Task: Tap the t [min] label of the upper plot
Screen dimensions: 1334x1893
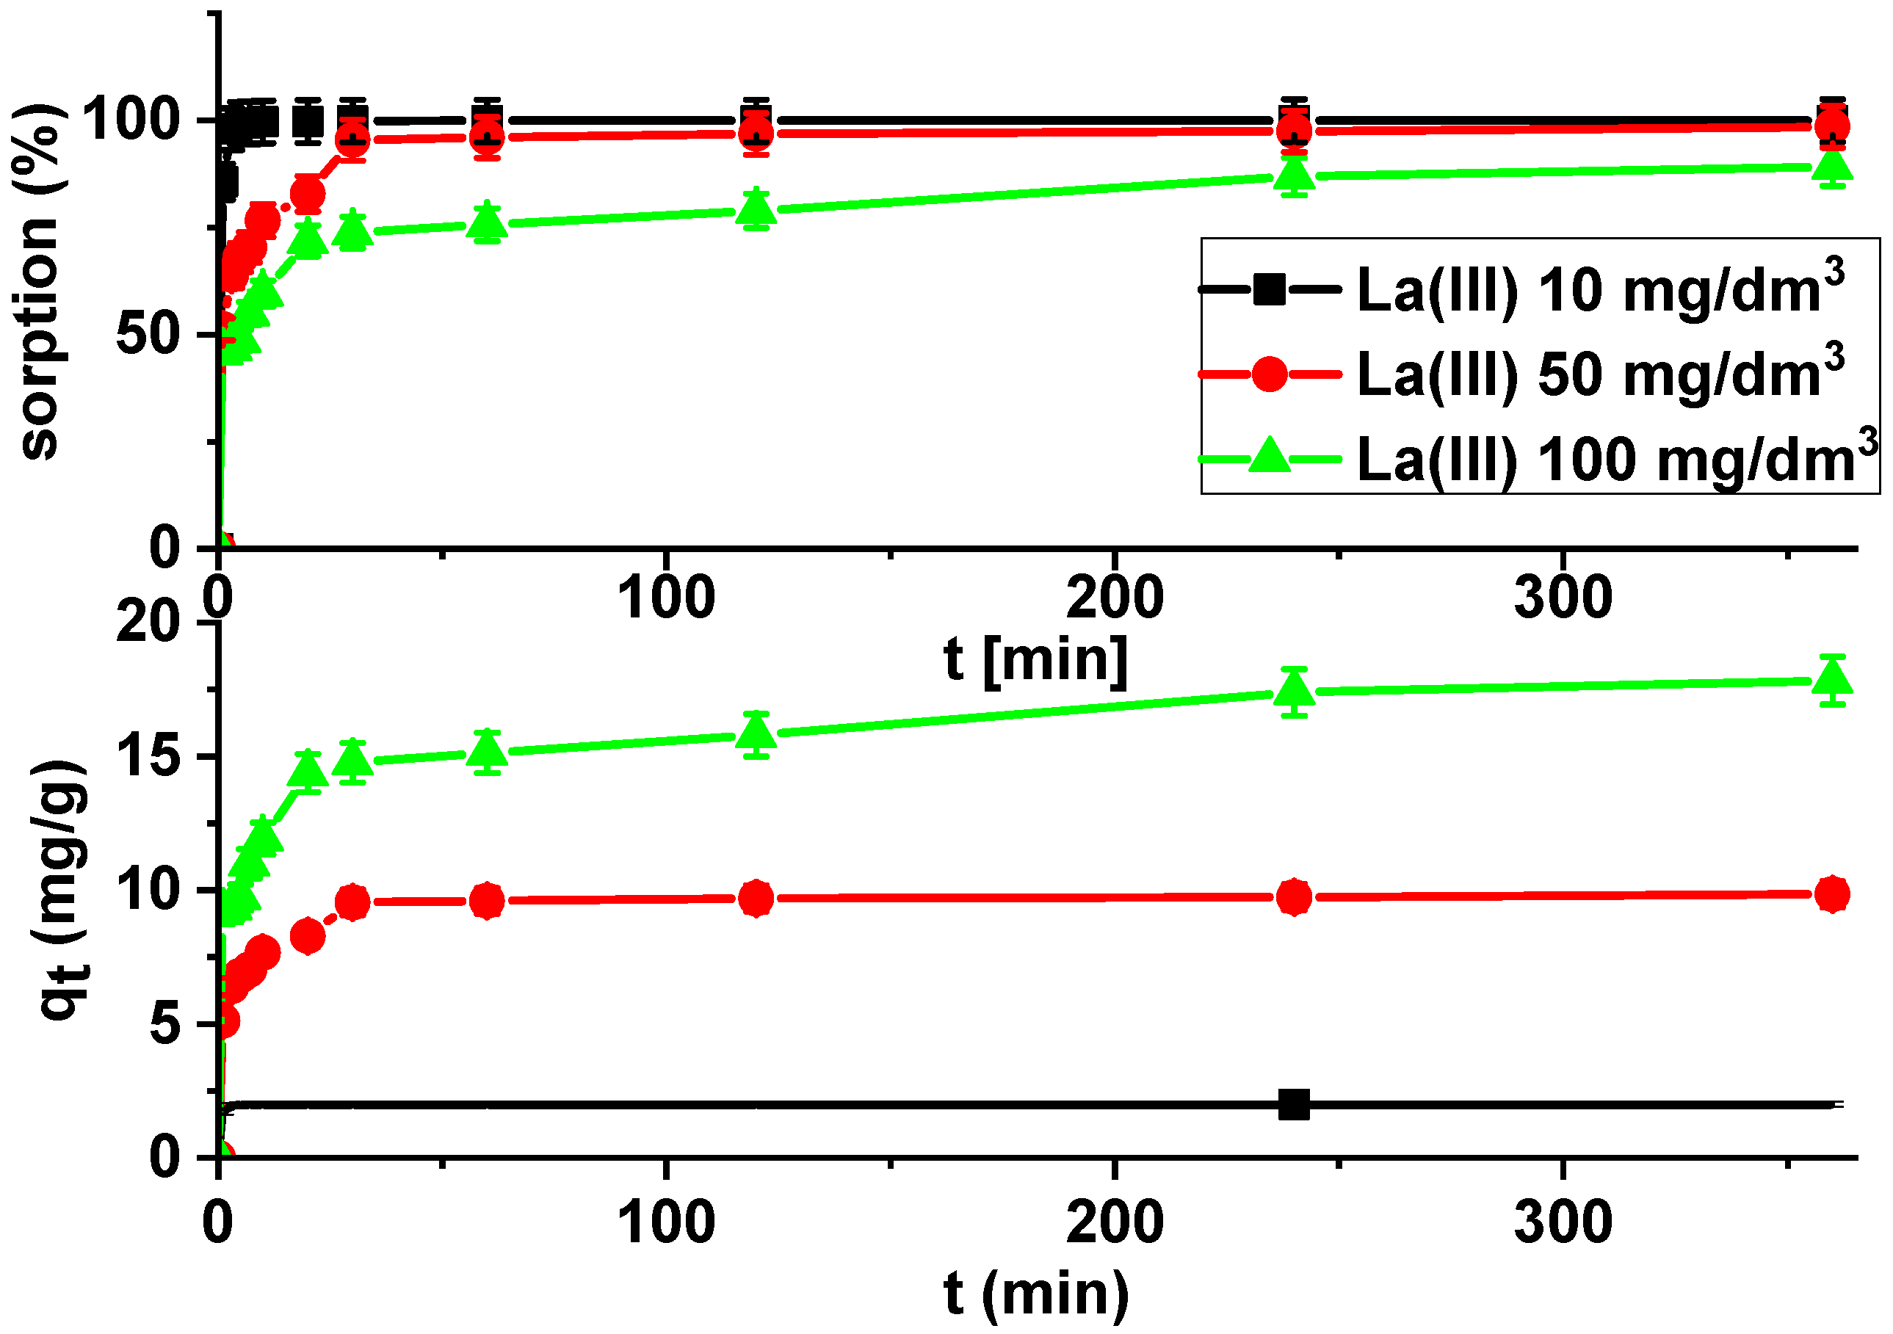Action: (1035, 659)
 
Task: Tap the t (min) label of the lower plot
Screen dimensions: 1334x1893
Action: (1035, 1293)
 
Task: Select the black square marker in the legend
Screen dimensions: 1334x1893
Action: (1269, 289)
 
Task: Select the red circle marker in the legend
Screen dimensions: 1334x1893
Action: (1269, 374)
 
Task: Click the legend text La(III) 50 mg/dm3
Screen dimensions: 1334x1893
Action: (1599, 376)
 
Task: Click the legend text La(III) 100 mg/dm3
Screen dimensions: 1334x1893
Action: (1616, 460)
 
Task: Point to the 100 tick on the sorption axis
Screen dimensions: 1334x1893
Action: (132, 120)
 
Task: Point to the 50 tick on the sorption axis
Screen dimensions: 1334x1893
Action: (148, 335)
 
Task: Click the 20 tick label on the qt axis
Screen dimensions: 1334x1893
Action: (148, 623)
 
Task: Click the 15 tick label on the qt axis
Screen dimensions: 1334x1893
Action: (148, 756)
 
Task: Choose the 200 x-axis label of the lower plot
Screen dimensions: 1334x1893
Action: (1115, 1222)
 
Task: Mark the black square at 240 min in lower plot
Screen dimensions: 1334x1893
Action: (1294, 1105)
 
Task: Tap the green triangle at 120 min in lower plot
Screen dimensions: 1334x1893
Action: (756, 732)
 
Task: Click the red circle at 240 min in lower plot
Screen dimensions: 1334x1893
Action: (1294, 897)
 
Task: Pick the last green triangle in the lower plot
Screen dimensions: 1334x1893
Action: (1832, 678)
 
